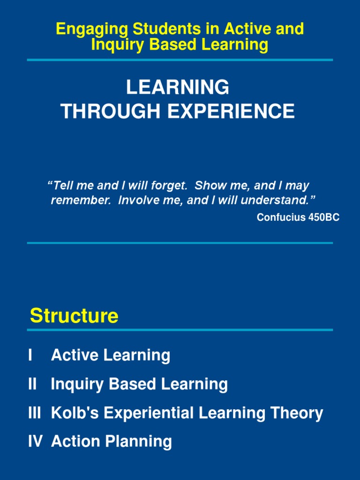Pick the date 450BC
point(322,217)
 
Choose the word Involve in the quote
point(138,201)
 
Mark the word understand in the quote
point(278,201)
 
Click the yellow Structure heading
point(74,316)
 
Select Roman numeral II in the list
point(32,384)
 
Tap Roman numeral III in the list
point(34,413)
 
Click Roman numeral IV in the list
point(35,442)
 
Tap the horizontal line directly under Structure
point(180,330)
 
